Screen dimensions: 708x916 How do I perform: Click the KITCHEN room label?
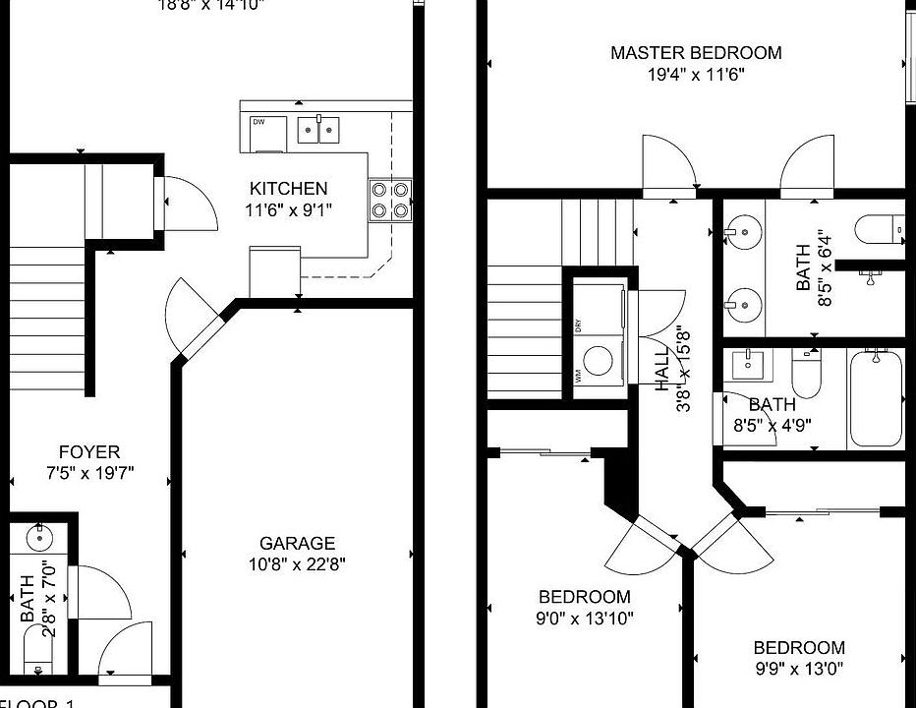(288, 189)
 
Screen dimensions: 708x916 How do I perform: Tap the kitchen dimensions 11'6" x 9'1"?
(288, 208)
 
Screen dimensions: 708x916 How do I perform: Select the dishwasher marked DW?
(267, 134)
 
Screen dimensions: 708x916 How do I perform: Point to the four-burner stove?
(389, 200)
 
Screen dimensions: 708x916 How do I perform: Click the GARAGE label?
(297, 543)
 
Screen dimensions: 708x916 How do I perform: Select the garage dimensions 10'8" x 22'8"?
(297, 564)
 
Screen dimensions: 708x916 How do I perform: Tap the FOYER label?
(89, 452)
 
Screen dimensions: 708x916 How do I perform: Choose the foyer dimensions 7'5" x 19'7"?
(89, 473)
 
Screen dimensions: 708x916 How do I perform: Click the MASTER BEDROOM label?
(696, 53)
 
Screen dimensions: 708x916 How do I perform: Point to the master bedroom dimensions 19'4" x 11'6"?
(696, 74)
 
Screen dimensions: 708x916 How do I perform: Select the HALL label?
(661, 368)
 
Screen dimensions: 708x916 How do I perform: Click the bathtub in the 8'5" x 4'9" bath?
(875, 398)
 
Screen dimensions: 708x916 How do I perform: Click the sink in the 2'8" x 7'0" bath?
(40, 538)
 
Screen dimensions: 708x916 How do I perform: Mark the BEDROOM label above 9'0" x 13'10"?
(584, 597)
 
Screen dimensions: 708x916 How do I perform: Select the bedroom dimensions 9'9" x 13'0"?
(798, 670)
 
